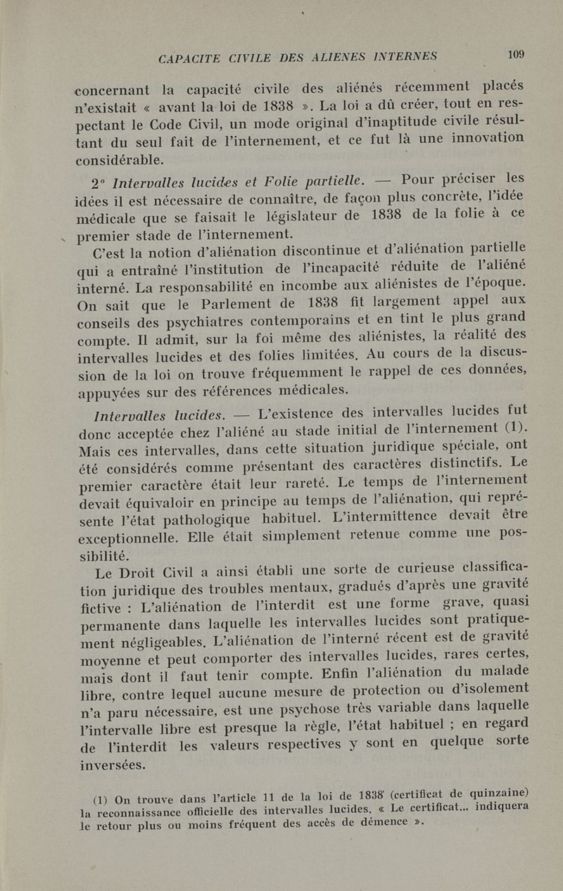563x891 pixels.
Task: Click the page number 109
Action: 515,54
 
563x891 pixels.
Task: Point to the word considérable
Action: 119,160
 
